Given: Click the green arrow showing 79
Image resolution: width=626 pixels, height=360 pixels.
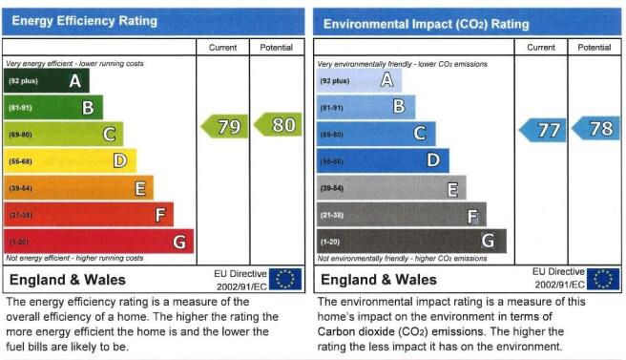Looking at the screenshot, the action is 225,126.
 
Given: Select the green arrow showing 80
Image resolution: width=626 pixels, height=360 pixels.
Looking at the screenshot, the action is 279,125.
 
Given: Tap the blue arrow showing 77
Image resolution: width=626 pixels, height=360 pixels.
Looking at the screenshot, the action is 543,130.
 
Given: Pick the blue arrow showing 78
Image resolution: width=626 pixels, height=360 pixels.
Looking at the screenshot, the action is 596,128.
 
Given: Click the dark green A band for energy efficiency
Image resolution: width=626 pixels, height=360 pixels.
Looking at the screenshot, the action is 47,81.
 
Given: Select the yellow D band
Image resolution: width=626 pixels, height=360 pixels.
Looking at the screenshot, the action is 71,161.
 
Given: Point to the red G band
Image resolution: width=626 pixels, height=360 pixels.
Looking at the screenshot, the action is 98,242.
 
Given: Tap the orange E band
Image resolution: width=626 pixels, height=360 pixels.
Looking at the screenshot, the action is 78,188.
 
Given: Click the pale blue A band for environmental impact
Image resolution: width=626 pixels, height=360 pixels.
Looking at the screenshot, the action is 360,80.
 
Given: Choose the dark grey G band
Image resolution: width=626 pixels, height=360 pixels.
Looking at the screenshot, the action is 411,241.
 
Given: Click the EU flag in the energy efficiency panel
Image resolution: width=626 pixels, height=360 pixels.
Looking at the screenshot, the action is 285,279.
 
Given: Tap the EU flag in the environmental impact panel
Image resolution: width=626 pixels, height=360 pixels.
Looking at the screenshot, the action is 603,279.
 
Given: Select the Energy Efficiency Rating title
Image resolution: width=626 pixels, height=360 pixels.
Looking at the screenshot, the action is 85,21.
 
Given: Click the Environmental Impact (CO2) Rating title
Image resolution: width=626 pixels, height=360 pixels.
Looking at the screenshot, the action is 426,24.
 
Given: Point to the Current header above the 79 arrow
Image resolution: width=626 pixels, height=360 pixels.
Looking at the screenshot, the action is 222,48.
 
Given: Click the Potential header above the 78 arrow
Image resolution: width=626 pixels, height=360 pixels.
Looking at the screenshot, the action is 595,48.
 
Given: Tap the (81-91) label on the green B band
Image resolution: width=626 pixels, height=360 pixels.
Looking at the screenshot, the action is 20,108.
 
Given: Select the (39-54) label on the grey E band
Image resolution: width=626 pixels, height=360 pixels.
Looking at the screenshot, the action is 332,188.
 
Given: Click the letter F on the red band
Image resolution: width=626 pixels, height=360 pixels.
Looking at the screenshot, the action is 160,215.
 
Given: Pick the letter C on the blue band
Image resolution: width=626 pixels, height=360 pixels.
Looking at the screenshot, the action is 420,133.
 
